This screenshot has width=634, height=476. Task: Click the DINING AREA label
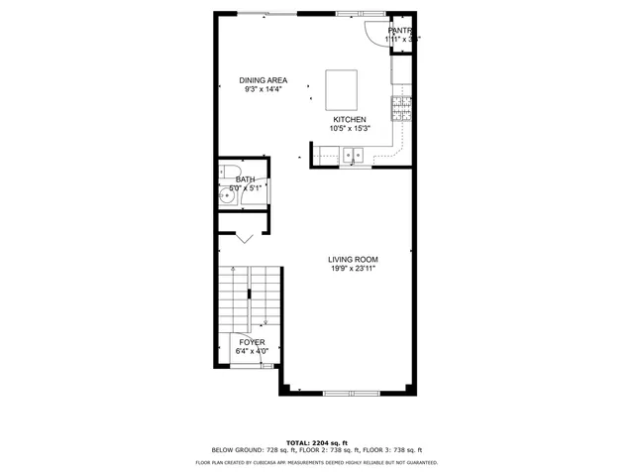(x=263, y=80)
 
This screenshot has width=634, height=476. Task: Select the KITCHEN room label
(x=349, y=119)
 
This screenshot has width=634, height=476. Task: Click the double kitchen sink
(x=354, y=155)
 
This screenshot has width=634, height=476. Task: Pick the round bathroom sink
(x=229, y=196)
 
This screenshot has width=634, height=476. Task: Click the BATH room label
(x=245, y=179)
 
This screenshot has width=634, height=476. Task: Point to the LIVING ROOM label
(x=352, y=259)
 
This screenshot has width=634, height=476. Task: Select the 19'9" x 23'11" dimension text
(x=352, y=268)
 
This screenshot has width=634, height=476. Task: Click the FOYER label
(x=252, y=341)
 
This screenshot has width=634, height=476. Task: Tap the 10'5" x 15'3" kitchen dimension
(x=350, y=128)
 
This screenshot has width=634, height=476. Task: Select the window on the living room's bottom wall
(x=352, y=394)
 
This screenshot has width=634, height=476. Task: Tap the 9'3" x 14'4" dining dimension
(x=263, y=89)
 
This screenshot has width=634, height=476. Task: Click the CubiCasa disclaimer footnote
(x=316, y=462)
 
